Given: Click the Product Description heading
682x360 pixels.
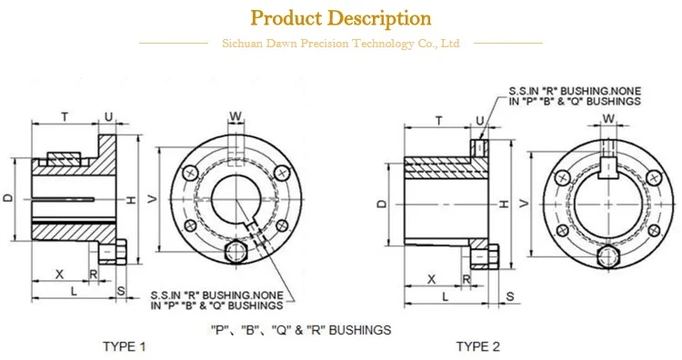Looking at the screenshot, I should (x=340, y=17).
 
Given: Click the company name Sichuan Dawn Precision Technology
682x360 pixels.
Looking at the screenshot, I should (x=340, y=43).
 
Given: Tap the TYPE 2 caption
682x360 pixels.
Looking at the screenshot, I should (x=477, y=346).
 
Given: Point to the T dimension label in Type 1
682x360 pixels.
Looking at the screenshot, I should (x=64, y=116).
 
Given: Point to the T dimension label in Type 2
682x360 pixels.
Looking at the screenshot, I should (x=438, y=120).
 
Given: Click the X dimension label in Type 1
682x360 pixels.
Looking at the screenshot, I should (x=59, y=274).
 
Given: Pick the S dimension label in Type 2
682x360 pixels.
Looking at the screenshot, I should (x=509, y=297).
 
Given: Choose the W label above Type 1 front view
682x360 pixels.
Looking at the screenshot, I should (x=236, y=115).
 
